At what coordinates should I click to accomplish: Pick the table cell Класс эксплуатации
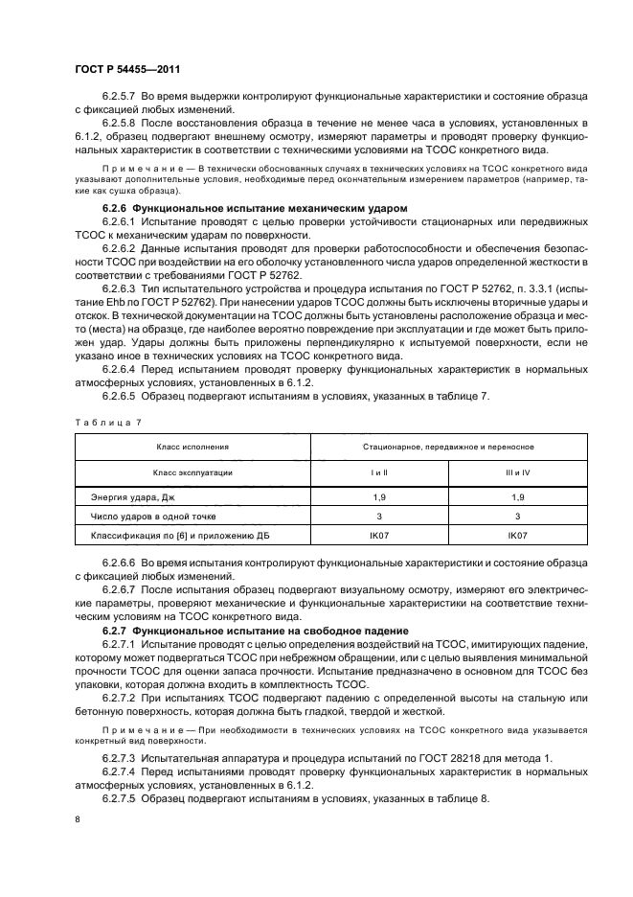point(193,472)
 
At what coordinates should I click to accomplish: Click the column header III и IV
point(518,472)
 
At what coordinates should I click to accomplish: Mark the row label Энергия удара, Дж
point(133,497)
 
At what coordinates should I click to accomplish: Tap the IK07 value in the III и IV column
point(518,535)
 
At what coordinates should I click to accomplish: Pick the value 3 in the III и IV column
point(518,516)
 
